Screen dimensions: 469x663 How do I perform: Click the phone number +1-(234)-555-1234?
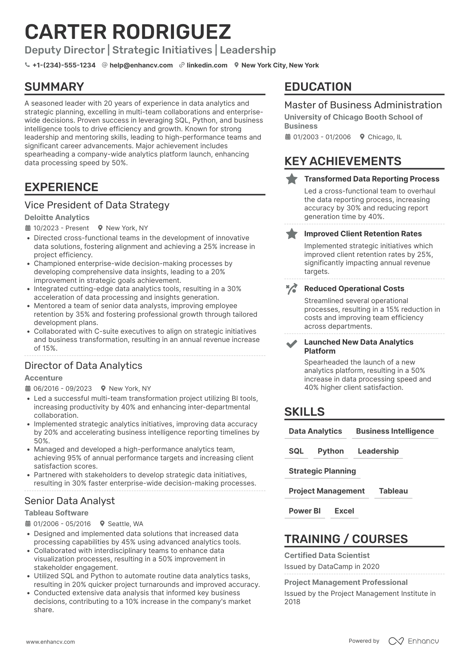pyautogui.click(x=64, y=65)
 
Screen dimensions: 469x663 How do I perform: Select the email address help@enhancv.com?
pyautogui.click(x=141, y=65)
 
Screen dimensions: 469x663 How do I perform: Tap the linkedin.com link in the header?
pyautogui.click(x=207, y=65)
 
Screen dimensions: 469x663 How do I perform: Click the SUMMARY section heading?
pyautogui.click(x=54, y=87)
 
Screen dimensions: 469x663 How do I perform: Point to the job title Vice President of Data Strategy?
pyautogui.click(x=97, y=205)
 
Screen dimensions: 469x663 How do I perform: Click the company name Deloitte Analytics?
pyautogui.click(x=57, y=217)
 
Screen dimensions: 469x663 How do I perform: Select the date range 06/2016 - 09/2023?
pyautogui.click(x=63, y=388)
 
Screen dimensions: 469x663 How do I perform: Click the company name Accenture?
pyautogui.click(x=44, y=378)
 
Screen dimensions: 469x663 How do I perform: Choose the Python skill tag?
pyautogui.click(x=331, y=451)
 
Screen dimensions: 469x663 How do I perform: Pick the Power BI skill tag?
pyautogui.click(x=305, y=511)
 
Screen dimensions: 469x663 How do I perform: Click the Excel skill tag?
pyautogui.click(x=344, y=511)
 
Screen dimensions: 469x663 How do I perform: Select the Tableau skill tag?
pyautogui.click(x=393, y=491)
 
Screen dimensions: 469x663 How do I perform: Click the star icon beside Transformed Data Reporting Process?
pyautogui.click(x=292, y=179)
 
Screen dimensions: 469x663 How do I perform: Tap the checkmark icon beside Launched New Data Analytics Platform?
pyautogui.click(x=292, y=344)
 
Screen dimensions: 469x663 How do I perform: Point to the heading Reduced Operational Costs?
pyautogui.click(x=354, y=288)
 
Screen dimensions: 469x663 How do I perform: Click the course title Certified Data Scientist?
pyautogui.click(x=327, y=555)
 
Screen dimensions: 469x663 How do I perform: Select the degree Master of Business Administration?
pyautogui.click(x=363, y=105)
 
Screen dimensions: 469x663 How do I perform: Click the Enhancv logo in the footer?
pyautogui.click(x=413, y=641)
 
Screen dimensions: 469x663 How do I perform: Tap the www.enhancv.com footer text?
pyautogui.click(x=51, y=642)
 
